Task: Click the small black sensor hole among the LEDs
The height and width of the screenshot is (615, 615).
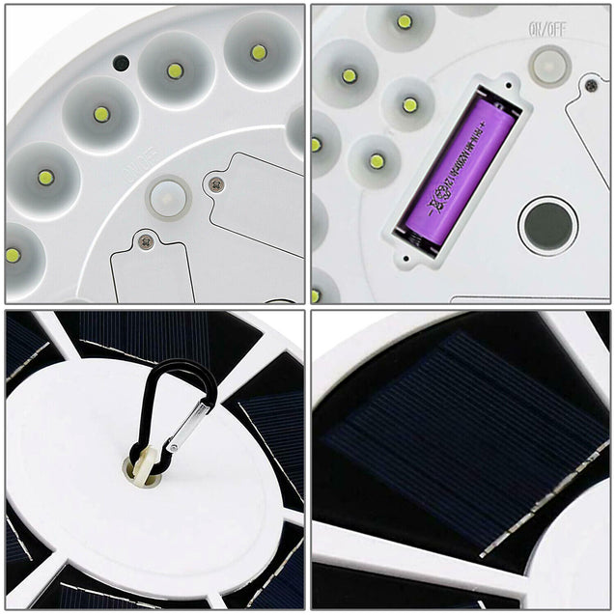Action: [121, 63]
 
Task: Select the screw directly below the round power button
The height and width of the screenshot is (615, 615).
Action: [146, 239]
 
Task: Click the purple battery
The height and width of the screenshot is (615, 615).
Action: [459, 166]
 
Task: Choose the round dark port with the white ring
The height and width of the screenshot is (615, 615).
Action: [547, 226]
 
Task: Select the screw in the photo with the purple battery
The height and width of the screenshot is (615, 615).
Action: [590, 86]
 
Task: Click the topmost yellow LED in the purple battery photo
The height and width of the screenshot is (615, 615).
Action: [404, 21]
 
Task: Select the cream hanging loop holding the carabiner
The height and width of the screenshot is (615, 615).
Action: [142, 466]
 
